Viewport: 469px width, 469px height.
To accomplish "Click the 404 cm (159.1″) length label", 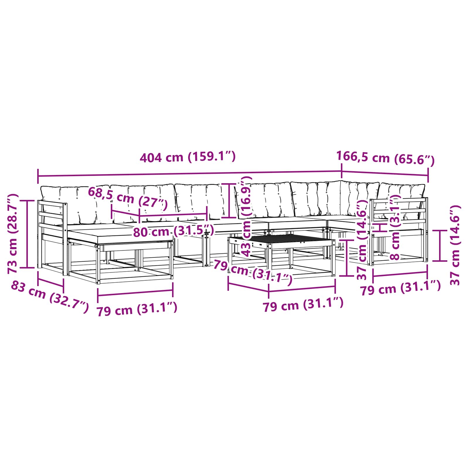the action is (188, 157).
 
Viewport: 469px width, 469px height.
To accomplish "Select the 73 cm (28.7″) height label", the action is (13, 234).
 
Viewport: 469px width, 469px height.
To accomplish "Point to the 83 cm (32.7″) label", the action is (50, 296).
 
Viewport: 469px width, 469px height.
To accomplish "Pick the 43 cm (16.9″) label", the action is (246, 217).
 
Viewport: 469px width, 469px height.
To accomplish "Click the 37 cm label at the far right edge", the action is (455, 245).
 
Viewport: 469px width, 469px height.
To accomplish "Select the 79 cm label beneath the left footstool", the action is (137, 309).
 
